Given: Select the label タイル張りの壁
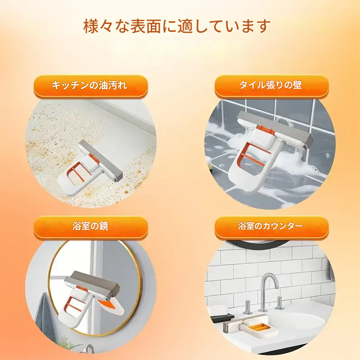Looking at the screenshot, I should [x=270, y=85].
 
